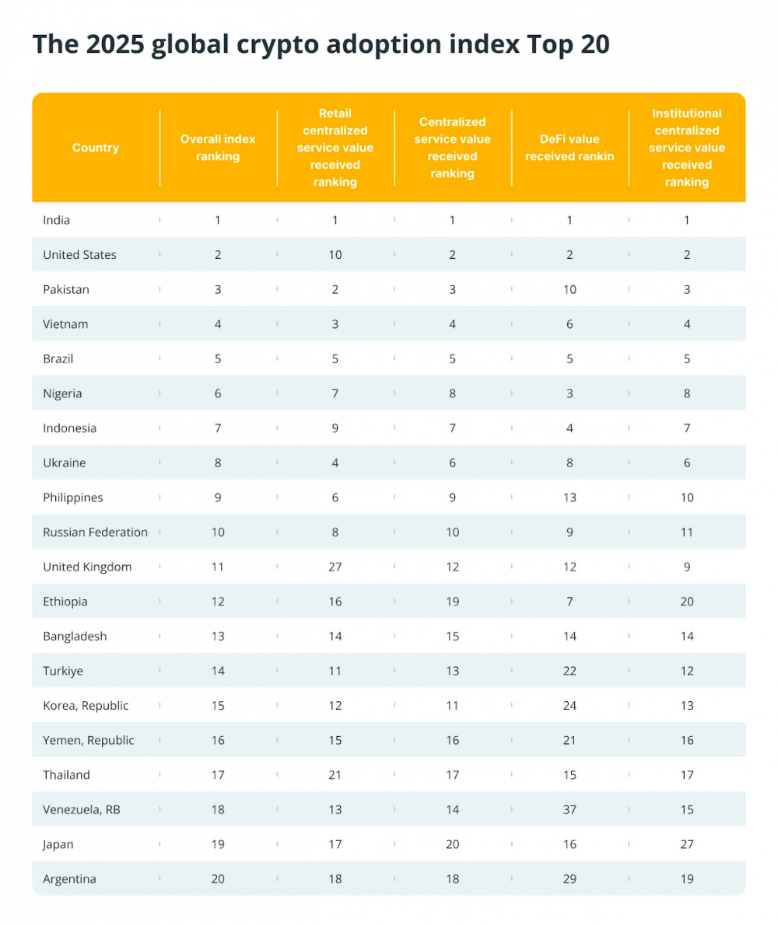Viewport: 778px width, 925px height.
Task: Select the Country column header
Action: pos(96,148)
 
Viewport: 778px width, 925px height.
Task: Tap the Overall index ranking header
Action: pos(218,148)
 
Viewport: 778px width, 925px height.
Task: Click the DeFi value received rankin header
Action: pos(569,148)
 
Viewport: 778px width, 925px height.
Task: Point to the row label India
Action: pos(56,220)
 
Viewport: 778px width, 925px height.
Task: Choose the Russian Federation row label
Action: pos(95,532)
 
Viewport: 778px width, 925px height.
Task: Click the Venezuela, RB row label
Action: pos(82,810)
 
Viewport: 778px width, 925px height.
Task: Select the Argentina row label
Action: pos(70,879)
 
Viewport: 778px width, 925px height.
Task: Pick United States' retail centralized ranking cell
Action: pos(335,255)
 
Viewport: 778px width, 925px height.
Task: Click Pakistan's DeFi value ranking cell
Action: pos(569,289)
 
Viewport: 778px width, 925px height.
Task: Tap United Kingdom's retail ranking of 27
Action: pos(335,567)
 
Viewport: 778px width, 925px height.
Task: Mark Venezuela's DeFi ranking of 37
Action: pos(569,810)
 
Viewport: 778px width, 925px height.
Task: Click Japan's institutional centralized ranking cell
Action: pos(687,844)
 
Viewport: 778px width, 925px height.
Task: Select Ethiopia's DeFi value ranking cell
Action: pos(569,602)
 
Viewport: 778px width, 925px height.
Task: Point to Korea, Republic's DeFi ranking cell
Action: pos(569,706)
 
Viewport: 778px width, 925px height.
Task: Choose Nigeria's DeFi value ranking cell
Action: pos(569,393)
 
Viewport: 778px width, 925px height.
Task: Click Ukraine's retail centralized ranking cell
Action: pos(335,462)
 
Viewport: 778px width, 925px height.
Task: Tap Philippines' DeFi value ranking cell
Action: pos(569,497)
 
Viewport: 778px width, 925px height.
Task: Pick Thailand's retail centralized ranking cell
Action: pos(335,775)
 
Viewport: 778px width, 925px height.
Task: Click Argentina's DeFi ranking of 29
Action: pos(569,879)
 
